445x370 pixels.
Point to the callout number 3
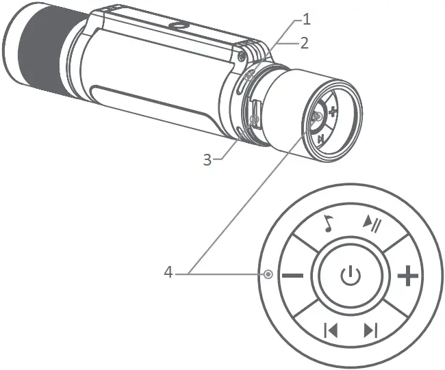tap(207, 159)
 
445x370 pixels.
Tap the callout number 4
tap(168, 273)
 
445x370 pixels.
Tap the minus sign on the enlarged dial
tap(292, 276)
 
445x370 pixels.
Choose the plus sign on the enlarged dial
tap(408, 276)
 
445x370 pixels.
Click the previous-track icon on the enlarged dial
tap(331, 330)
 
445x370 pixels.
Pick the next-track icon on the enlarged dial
tap(371, 330)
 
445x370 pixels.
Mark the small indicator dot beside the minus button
tap(268, 274)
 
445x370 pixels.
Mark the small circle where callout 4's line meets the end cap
tap(316, 117)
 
